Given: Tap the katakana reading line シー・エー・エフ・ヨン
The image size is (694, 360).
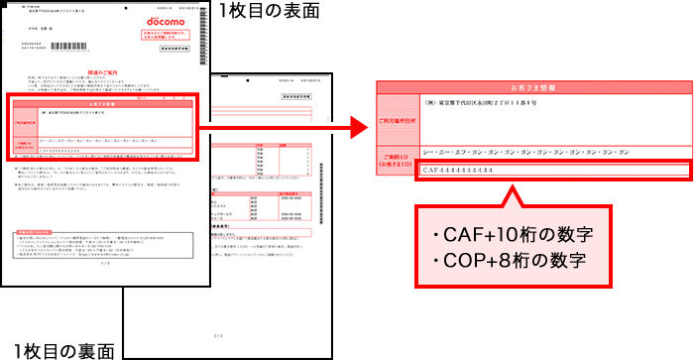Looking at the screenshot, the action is coord(524,153).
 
